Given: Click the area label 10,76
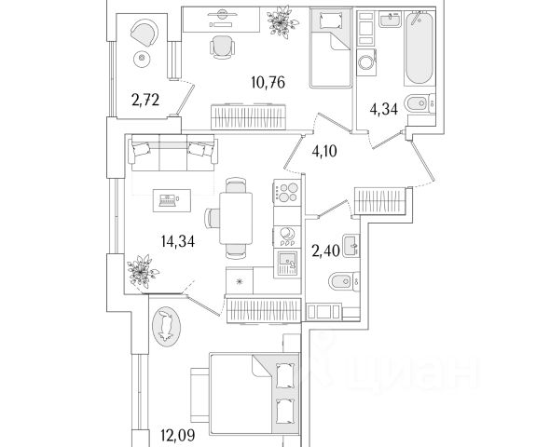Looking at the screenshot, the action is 268,83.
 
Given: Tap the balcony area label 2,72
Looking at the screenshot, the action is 145,101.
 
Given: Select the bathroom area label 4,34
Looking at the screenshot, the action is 384,109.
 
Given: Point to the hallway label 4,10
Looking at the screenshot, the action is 324,152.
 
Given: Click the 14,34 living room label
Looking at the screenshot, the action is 178,241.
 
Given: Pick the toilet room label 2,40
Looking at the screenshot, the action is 326,251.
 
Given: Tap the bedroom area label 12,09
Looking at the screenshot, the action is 178,436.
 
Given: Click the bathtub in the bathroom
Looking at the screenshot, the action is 419,48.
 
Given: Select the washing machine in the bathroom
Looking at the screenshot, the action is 366,62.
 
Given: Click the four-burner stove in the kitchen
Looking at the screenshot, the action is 287,193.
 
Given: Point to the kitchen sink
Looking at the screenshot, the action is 287,264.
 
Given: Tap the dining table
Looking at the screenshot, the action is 236,218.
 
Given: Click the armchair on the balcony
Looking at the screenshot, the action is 144,33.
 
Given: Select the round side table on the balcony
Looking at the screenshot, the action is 142,58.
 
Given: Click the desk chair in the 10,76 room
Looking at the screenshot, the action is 223,47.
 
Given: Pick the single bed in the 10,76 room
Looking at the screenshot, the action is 330,48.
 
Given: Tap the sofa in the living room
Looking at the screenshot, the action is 173,153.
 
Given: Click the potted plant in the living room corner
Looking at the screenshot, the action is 142,271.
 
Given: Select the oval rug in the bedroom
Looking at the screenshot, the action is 166,327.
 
